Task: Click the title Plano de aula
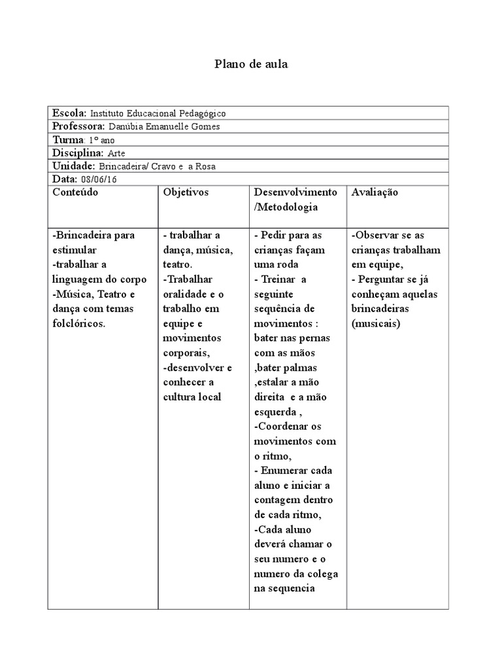251,64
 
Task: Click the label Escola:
69,113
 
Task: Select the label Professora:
78,126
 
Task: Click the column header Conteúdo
75,192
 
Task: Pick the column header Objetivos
186,192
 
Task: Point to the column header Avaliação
375,192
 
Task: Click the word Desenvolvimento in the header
295,192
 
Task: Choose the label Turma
68,140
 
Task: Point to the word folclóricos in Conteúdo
78,324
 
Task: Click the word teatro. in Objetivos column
178,265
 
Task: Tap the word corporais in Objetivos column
186,353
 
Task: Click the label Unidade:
74,166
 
